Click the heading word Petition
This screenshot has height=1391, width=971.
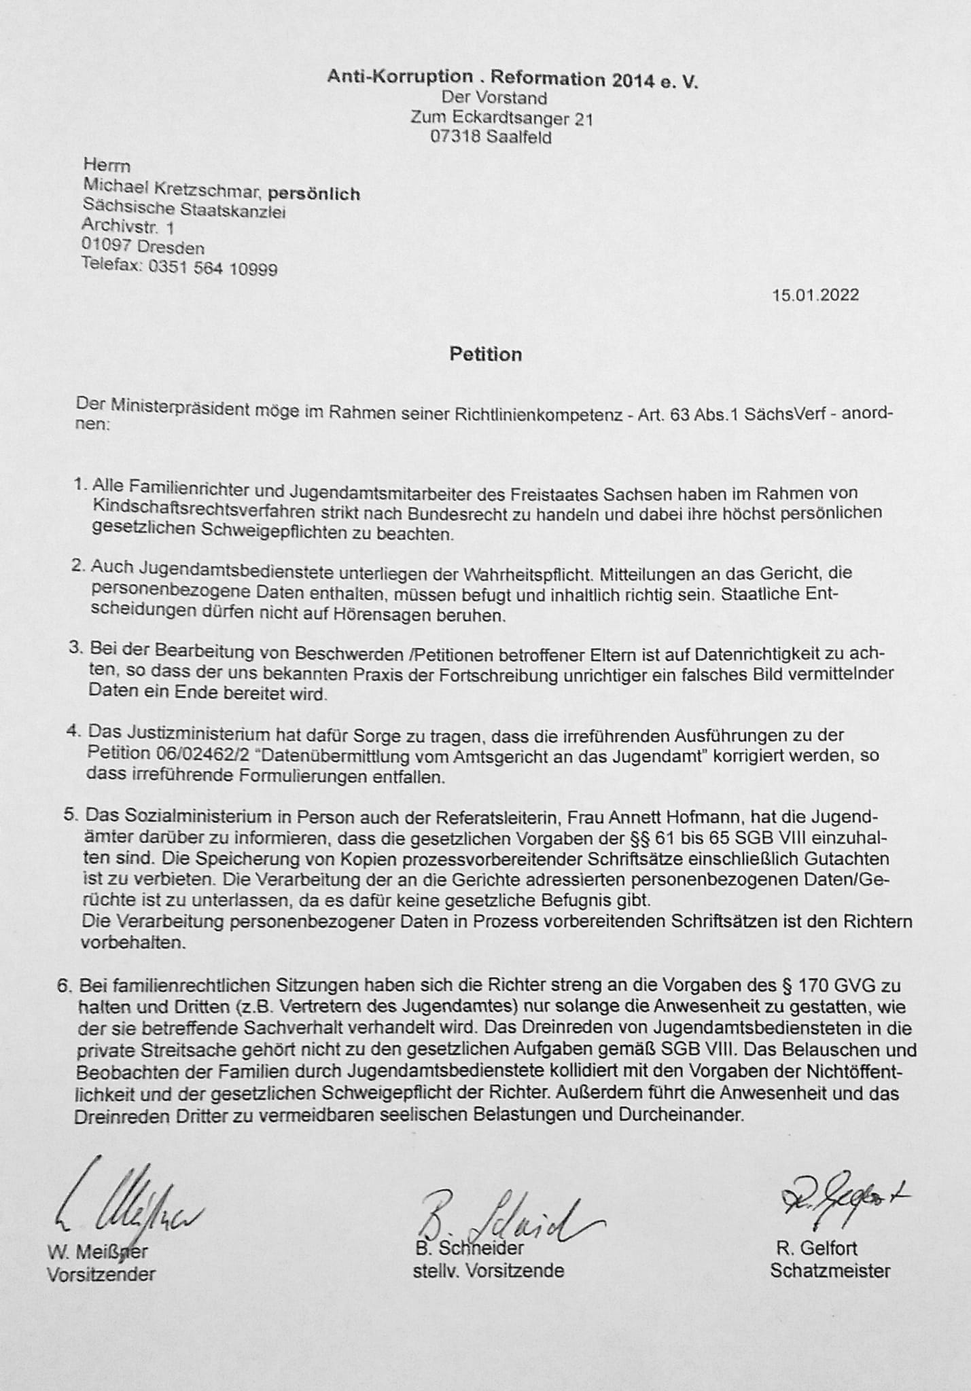coord(485,355)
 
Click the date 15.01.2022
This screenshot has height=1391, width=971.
coord(815,295)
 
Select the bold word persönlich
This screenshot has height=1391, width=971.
coord(313,194)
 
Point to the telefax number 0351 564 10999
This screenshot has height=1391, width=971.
coord(213,268)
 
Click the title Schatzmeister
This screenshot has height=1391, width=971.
coord(830,1271)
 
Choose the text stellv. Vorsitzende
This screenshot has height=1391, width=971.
coord(489,1270)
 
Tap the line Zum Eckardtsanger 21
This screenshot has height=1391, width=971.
coord(501,118)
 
